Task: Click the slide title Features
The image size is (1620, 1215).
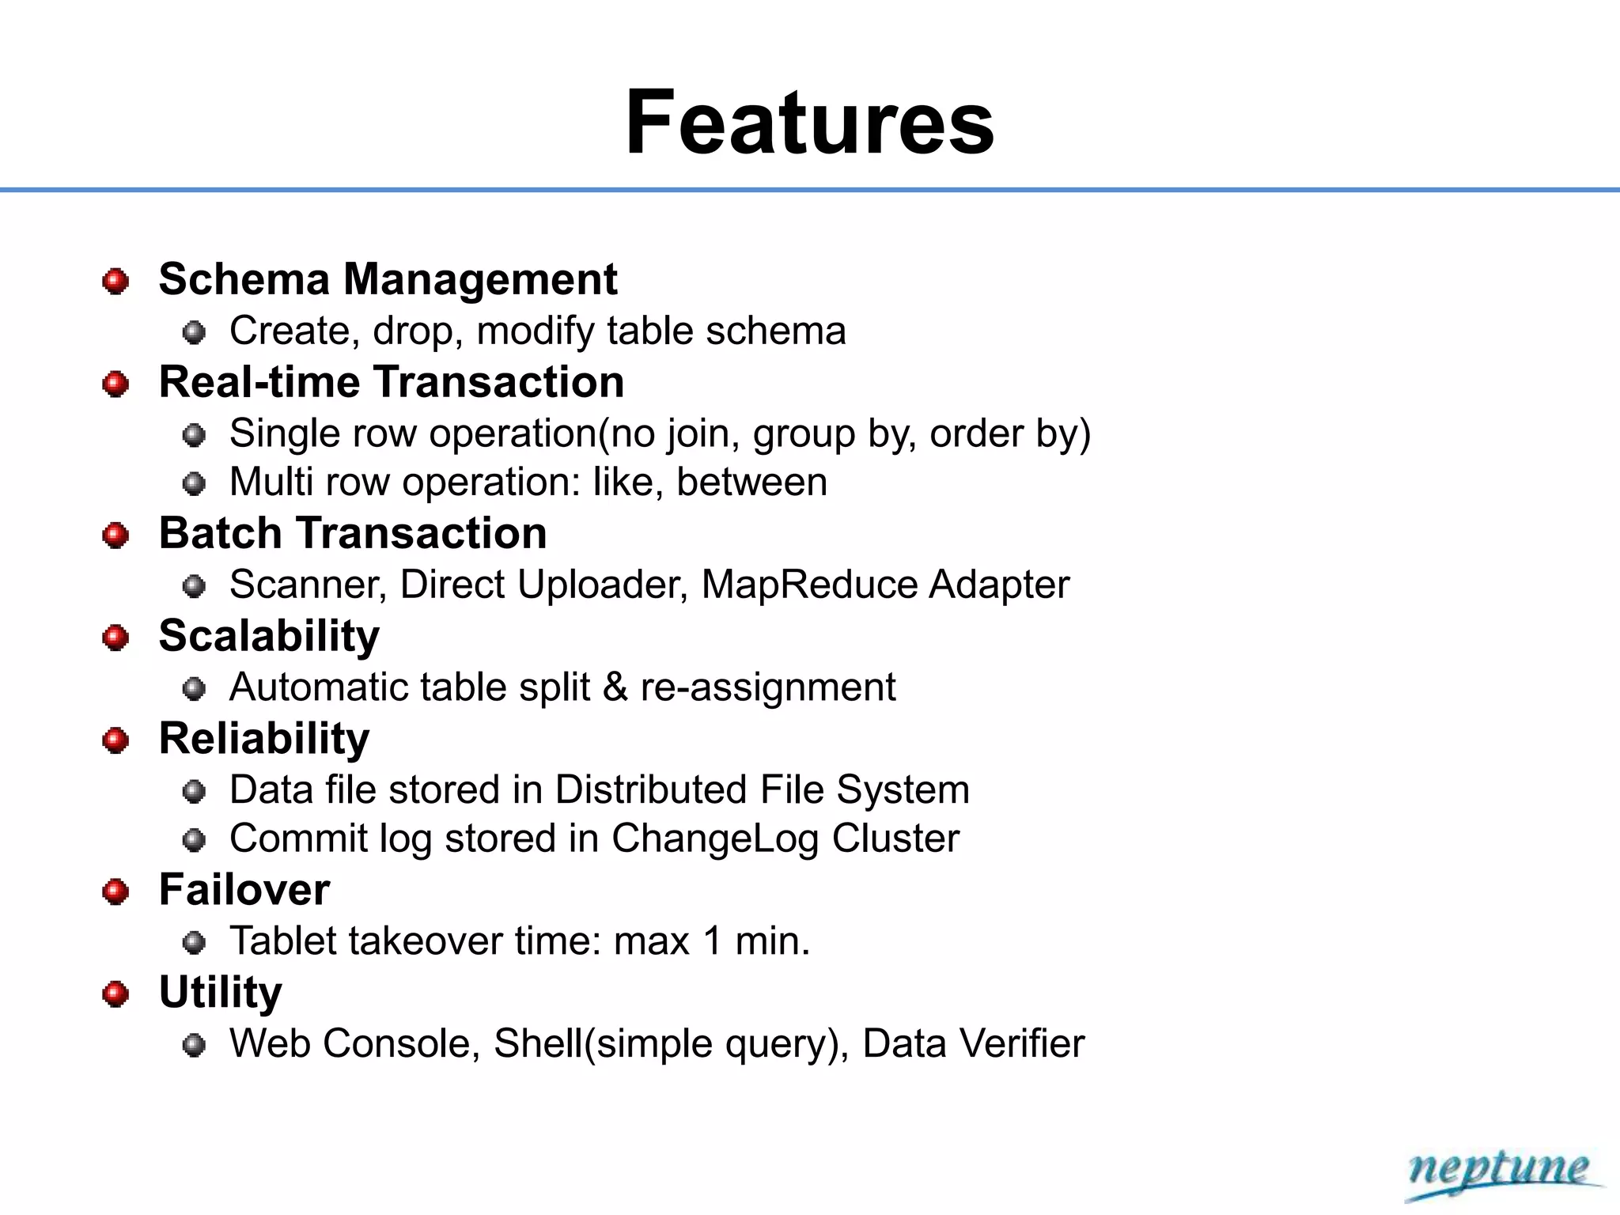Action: [x=809, y=123]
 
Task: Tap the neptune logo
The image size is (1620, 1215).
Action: [x=1498, y=1171]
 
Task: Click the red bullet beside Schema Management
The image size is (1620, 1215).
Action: [x=115, y=281]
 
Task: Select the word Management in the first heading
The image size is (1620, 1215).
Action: [x=480, y=279]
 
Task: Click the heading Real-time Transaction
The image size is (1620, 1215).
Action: [x=392, y=382]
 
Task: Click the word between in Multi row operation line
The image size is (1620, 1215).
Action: [x=751, y=482]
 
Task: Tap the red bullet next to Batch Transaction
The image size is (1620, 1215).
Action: [x=115, y=536]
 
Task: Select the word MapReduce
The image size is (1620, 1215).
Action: [x=808, y=585]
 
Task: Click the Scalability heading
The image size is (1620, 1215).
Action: [x=269, y=636]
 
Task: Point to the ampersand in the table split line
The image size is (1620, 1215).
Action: [x=615, y=687]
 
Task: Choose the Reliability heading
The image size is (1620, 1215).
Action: [x=264, y=739]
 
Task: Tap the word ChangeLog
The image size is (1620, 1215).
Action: [x=714, y=838]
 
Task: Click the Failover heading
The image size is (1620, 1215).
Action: [x=244, y=889]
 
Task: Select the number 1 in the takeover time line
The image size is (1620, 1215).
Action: [x=712, y=941]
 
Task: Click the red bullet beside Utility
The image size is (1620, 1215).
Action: [x=115, y=994]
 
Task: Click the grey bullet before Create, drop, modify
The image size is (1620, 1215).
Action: [x=194, y=332]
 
